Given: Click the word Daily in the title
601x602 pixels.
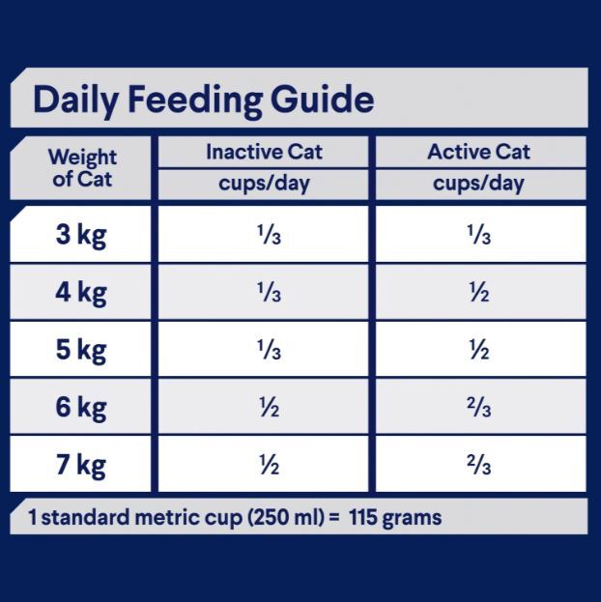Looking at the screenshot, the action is [75, 100].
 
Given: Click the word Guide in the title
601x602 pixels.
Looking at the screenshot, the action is [322, 100].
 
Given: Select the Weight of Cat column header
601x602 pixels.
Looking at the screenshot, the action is [82, 168].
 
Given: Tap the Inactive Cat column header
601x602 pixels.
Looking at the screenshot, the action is [264, 152].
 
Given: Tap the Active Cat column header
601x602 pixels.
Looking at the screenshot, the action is [478, 152].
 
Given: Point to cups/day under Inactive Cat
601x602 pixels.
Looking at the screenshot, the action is [264, 184].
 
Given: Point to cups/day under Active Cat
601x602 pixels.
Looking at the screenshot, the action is [478, 184].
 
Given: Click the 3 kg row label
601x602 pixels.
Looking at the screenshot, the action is [81, 235].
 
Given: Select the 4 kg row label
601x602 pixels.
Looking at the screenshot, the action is [81, 292].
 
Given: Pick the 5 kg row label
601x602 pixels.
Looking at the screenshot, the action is [81, 350].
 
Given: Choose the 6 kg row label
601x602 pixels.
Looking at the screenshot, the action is [81, 408].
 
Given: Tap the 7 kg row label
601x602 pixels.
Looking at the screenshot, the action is [81, 465].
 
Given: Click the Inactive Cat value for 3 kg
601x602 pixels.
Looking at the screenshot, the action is [270, 235].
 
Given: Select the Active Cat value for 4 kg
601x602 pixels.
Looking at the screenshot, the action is [479, 292].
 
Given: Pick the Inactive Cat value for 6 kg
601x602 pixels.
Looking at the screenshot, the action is [269, 408].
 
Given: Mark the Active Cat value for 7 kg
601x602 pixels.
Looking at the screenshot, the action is [479, 465].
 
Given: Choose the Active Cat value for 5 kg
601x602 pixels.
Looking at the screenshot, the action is [479, 350].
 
